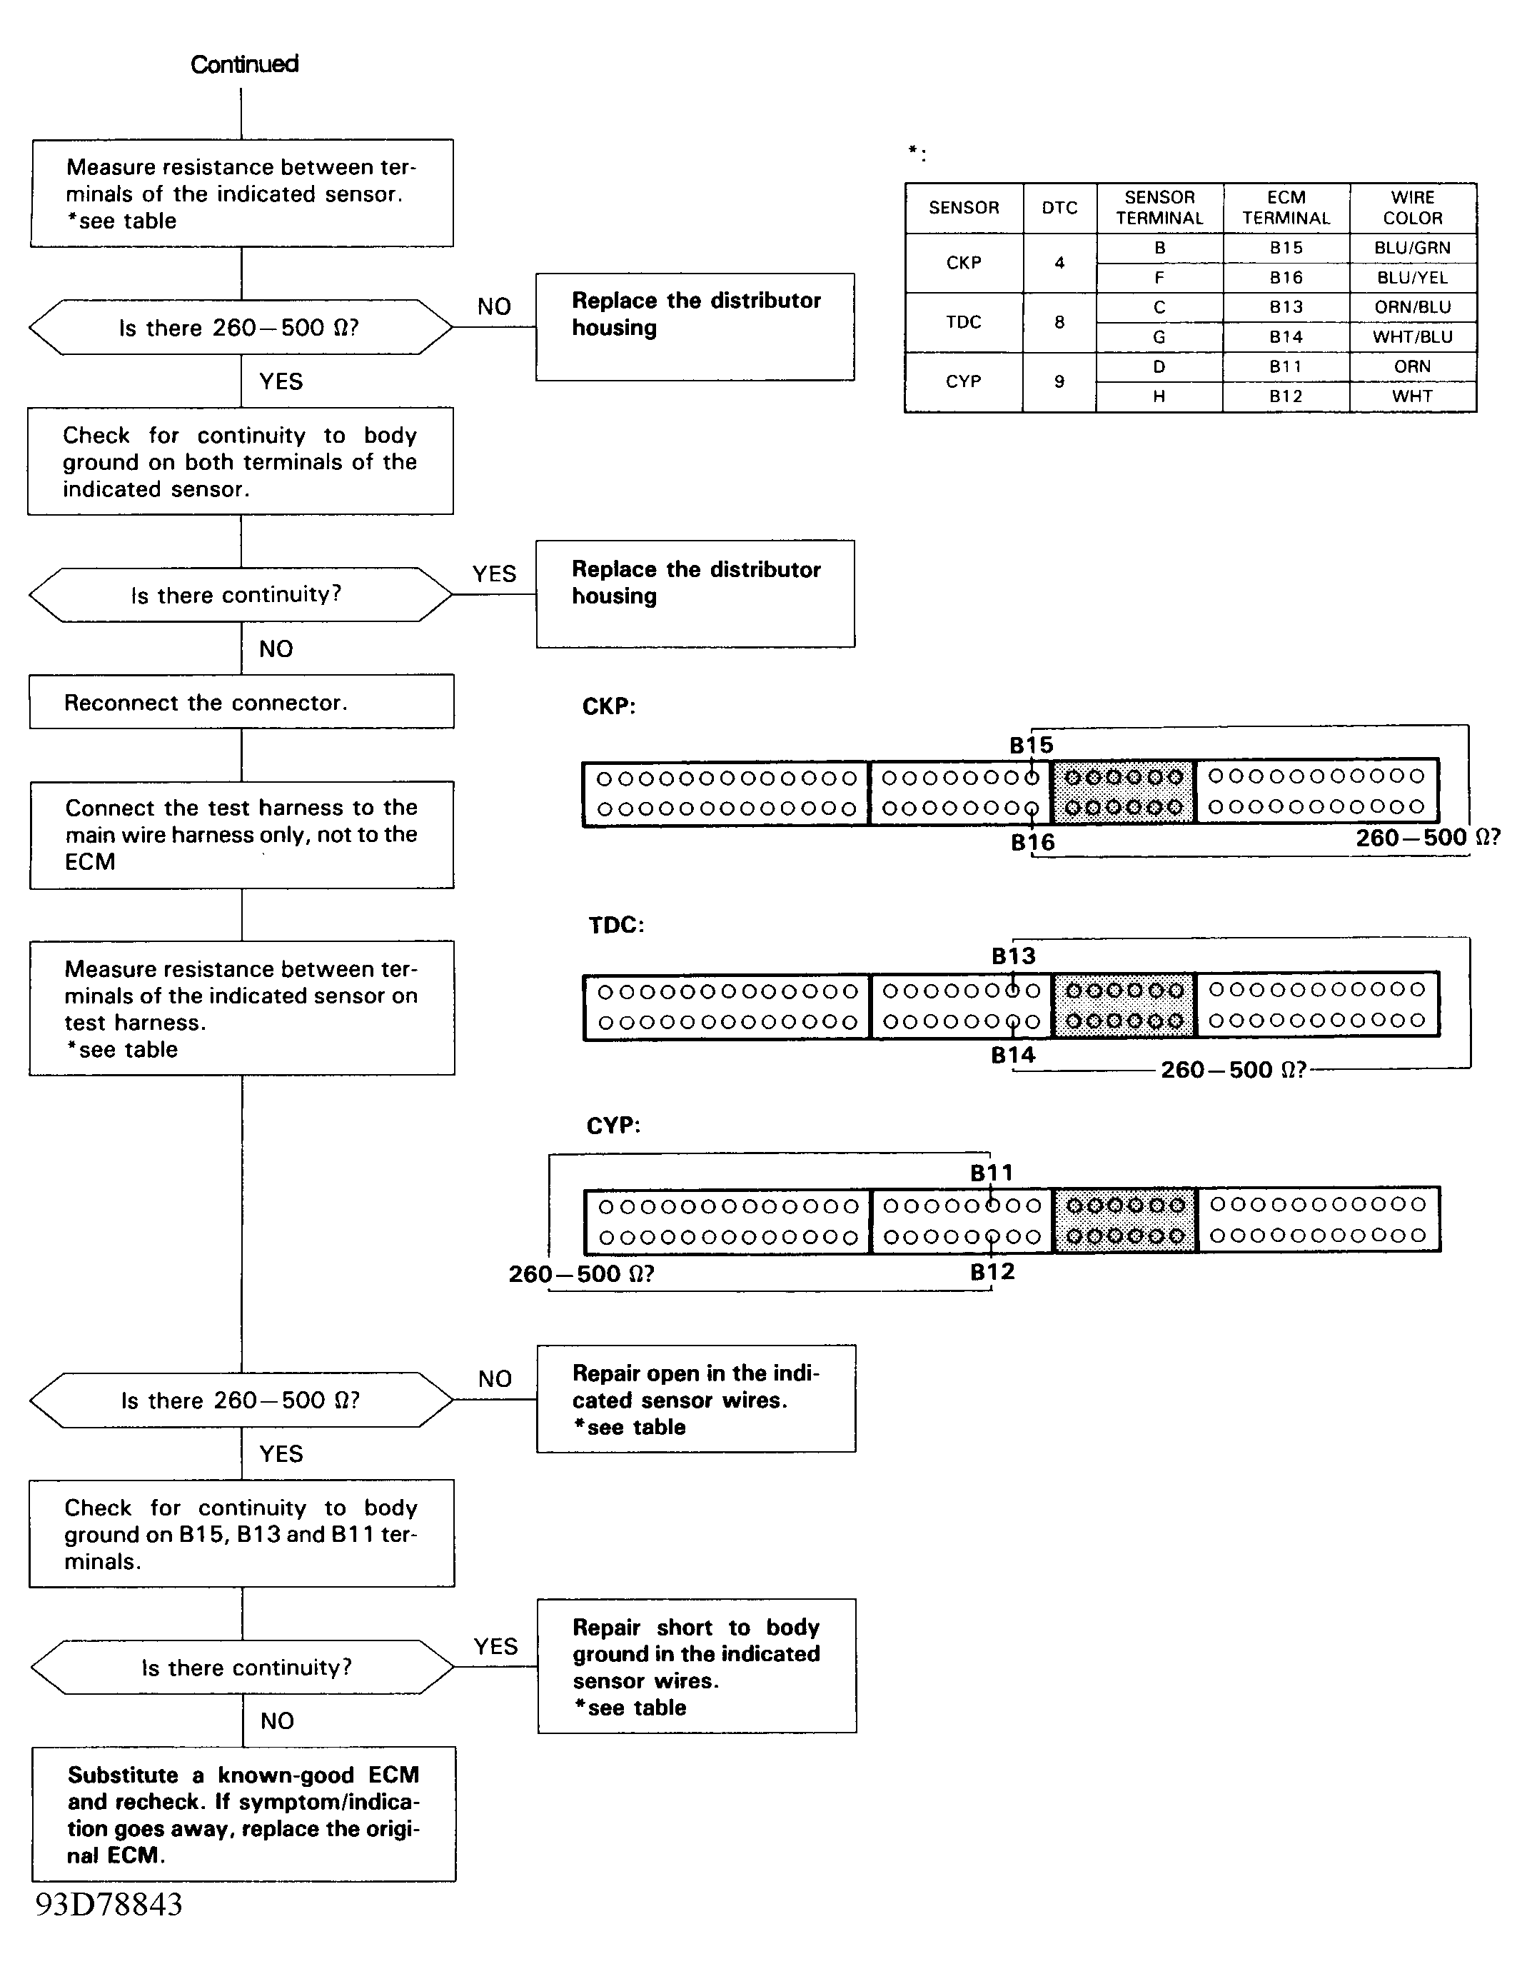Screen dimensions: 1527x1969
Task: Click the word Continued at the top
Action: [244, 64]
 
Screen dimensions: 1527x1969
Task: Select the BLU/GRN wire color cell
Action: [1413, 248]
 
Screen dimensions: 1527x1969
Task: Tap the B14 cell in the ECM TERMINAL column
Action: [1286, 337]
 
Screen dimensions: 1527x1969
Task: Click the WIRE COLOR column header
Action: [1413, 209]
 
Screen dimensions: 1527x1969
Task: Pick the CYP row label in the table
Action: [964, 381]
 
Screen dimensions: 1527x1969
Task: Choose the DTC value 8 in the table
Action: [1059, 322]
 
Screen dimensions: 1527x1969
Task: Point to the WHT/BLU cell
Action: [1413, 337]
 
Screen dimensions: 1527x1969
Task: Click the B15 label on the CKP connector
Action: [1032, 746]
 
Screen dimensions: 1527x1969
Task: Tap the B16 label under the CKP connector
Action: [1032, 843]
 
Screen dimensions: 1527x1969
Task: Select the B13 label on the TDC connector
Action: [1013, 956]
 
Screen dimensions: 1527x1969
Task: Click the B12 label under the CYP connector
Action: [992, 1272]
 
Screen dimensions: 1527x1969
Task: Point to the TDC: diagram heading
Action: [617, 925]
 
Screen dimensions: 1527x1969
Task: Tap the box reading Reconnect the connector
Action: [241, 701]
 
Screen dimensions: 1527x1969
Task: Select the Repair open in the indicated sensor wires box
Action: [696, 1399]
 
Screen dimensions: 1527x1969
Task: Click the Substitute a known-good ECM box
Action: [243, 1814]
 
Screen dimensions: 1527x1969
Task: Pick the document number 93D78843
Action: [109, 1904]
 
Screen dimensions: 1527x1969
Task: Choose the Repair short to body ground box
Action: [697, 1666]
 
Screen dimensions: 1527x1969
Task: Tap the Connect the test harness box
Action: [241, 835]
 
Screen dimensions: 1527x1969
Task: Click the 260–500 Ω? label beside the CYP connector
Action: [581, 1274]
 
